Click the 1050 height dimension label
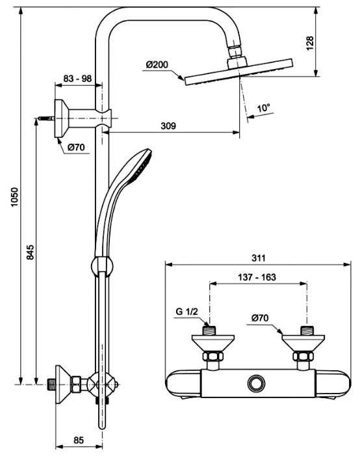[x=15, y=197]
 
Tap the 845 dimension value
[x=31, y=252]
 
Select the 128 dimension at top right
[x=310, y=43]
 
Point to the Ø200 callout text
[x=157, y=64]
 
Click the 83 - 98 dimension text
[x=77, y=78]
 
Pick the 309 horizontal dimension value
[x=168, y=126]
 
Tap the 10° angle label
[x=264, y=108]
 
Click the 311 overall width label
[x=259, y=258]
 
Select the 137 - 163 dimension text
[x=257, y=277]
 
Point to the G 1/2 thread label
[x=187, y=312]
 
